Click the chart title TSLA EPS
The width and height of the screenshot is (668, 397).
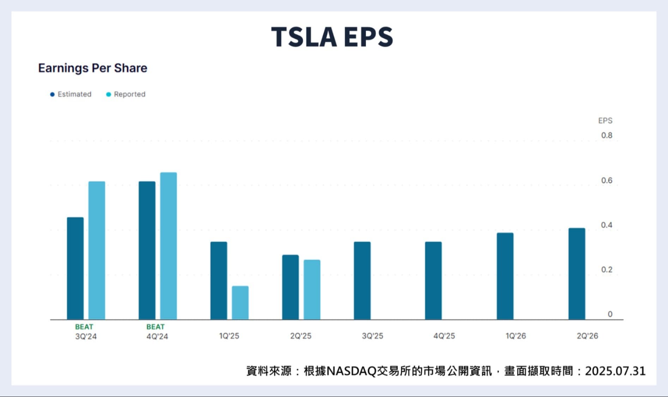tap(332, 37)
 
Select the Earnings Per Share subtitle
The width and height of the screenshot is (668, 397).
tap(92, 68)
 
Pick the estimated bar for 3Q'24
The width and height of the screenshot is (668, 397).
tap(75, 268)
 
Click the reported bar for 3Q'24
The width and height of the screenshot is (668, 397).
tap(97, 251)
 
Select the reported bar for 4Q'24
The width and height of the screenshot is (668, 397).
tap(168, 246)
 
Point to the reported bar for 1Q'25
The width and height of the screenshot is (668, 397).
tap(240, 303)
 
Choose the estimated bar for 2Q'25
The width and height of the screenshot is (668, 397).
tap(290, 287)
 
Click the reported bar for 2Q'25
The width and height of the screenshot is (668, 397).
tap(312, 290)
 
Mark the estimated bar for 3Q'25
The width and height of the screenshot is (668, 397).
tap(362, 281)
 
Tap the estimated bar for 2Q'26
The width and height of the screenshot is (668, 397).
tap(577, 274)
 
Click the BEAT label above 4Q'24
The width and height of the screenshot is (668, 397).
tap(156, 327)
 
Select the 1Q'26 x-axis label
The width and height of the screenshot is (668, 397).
tap(516, 336)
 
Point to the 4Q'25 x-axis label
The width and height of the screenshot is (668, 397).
tap(444, 336)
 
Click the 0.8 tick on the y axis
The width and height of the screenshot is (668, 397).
tap(607, 136)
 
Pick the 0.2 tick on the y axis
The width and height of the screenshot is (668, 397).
tap(607, 270)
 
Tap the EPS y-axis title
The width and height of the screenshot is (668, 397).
tap(605, 121)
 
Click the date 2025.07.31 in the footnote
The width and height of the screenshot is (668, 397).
tap(615, 371)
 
